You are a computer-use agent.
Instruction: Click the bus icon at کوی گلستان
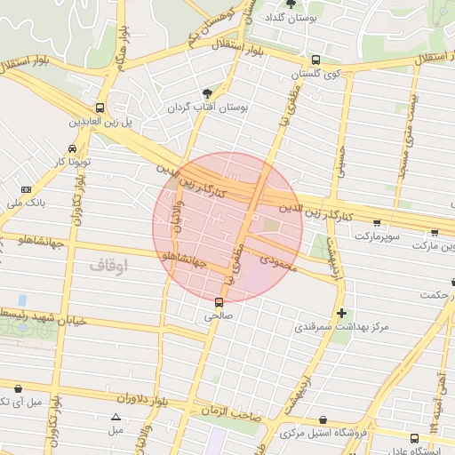coord(316,60)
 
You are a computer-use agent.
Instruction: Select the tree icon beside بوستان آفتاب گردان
coord(207,92)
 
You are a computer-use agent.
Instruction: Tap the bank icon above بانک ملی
coord(26,189)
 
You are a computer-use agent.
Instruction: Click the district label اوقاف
coord(109,265)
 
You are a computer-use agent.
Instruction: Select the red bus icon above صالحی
coord(219,301)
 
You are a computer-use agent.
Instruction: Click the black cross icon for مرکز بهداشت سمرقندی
coord(341,313)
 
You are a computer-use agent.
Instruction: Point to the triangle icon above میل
coord(116,417)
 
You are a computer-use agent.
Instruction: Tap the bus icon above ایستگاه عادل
coord(414,437)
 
